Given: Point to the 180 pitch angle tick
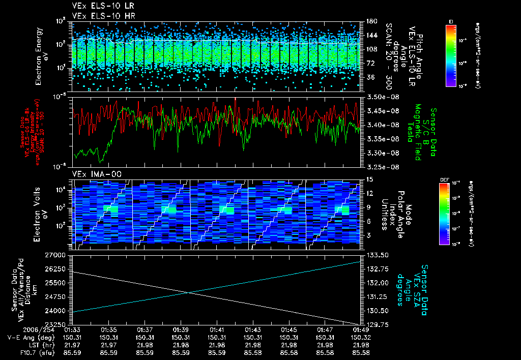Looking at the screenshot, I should pyautogui.click(x=370, y=21).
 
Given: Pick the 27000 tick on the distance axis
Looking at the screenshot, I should pyautogui.click(x=57, y=254).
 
